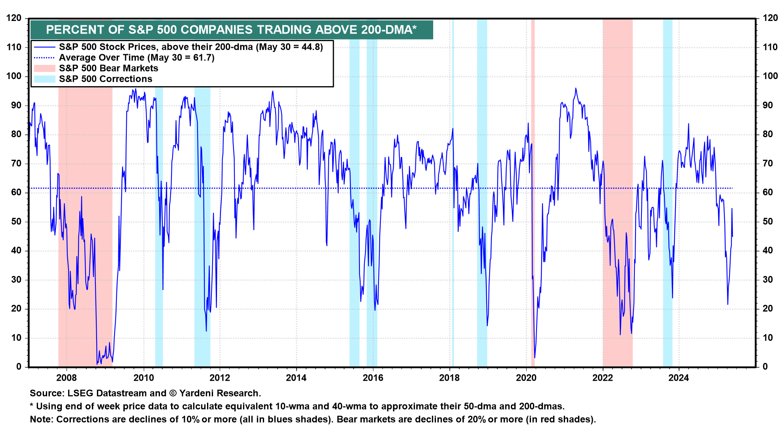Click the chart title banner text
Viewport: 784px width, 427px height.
(x=231, y=30)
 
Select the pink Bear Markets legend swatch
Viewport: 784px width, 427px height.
(x=44, y=68)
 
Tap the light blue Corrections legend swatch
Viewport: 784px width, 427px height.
(x=44, y=79)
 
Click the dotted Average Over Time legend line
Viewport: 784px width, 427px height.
(x=44, y=58)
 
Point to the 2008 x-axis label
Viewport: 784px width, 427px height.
(x=67, y=378)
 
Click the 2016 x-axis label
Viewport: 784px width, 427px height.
(x=373, y=378)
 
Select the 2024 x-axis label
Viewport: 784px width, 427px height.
(x=679, y=378)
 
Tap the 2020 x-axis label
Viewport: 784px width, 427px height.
(x=526, y=378)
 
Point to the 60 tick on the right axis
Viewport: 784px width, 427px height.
(x=768, y=193)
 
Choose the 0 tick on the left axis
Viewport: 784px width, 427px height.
(x=19, y=367)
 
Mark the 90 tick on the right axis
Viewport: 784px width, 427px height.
(x=768, y=105)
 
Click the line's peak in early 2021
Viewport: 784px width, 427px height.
(x=576, y=88)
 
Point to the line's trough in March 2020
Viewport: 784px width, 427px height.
(x=535, y=358)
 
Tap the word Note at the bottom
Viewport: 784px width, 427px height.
(x=42, y=419)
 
